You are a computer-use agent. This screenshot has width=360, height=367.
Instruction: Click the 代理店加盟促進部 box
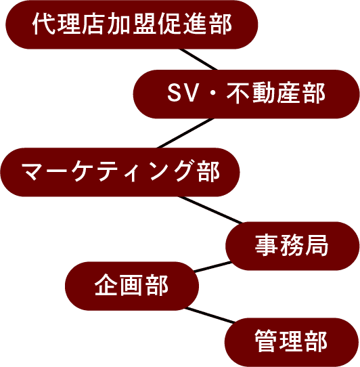click(x=132, y=24)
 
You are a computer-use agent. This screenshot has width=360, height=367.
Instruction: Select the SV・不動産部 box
click(x=246, y=94)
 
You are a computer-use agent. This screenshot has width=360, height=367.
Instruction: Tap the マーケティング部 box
click(x=120, y=172)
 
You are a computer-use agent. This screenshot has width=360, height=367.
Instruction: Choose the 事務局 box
click(x=292, y=246)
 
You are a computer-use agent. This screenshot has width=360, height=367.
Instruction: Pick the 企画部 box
click(x=132, y=286)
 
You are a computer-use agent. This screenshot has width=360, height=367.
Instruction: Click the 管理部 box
click(x=292, y=342)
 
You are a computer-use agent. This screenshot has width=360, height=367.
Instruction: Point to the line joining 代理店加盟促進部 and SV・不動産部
click(x=198, y=60)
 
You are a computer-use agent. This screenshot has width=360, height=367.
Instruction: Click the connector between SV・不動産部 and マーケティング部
click(x=185, y=133)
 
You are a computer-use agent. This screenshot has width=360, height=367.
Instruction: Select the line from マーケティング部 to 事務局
click(x=210, y=210)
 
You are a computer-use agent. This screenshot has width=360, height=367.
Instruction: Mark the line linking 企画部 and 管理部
click(x=210, y=316)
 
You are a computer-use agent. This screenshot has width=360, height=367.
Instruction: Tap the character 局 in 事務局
click(x=317, y=245)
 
